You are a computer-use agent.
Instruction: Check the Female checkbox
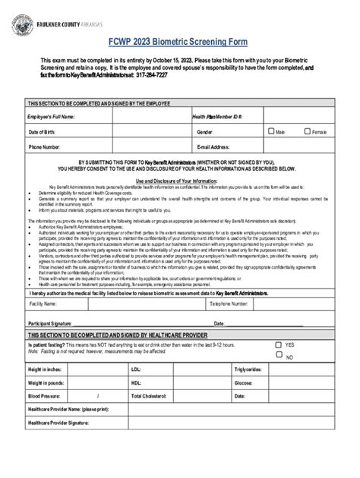[308, 131]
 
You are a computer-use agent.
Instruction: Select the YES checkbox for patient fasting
[279, 344]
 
